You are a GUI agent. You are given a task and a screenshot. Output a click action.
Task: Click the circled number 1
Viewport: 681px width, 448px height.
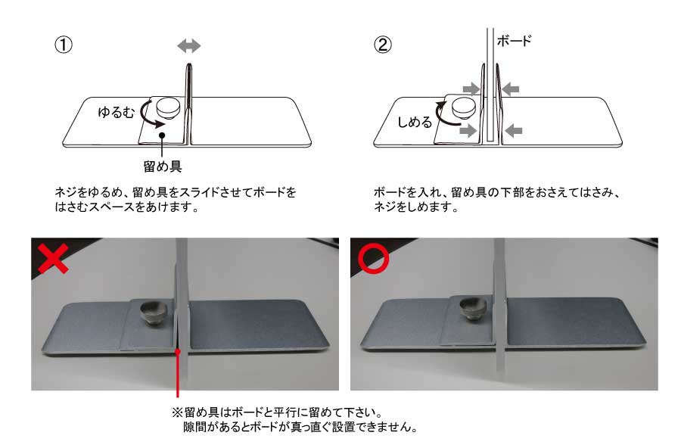point(64,45)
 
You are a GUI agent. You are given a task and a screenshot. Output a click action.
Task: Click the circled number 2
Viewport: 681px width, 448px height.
point(383,45)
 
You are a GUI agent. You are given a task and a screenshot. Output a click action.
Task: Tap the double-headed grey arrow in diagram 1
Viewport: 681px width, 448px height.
point(189,45)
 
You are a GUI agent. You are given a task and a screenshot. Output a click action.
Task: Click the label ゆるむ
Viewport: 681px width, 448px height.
point(117,113)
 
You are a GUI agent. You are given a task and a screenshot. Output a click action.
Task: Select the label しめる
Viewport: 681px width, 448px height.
point(415,122)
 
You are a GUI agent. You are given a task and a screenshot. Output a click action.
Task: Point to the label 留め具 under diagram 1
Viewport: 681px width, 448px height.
point(163,166)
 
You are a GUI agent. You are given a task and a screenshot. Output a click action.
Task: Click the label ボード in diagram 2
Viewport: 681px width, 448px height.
point(515,41)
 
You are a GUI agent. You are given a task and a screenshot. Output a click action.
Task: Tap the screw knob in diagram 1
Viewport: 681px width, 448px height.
point(169,107)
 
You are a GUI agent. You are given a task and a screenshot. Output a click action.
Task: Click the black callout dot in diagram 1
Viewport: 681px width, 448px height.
point(162,135)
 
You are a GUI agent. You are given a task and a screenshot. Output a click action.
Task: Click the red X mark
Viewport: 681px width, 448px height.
point(53,258)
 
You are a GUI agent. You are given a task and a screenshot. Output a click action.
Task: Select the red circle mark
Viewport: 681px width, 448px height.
point(373,258)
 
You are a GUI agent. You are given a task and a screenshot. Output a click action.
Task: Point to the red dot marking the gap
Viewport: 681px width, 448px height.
point(178,352)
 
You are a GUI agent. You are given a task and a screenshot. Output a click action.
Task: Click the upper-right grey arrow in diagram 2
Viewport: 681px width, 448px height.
point(510,89)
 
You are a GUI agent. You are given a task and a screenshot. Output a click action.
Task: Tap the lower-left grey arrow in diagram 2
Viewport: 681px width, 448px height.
point(468,130)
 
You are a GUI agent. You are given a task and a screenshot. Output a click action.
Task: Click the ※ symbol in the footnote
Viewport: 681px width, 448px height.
point(177,412)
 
